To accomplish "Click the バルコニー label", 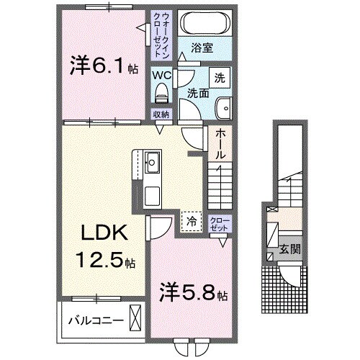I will (94, 317).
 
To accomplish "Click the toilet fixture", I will (161, 92).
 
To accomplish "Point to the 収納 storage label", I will (161, 114).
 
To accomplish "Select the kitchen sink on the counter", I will (153, 161).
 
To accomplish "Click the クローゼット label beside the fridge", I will (217, 223).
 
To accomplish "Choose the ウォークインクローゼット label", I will (159, 35).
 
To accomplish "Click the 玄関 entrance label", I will (289, 250).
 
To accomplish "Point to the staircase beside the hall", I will (220, 186).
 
